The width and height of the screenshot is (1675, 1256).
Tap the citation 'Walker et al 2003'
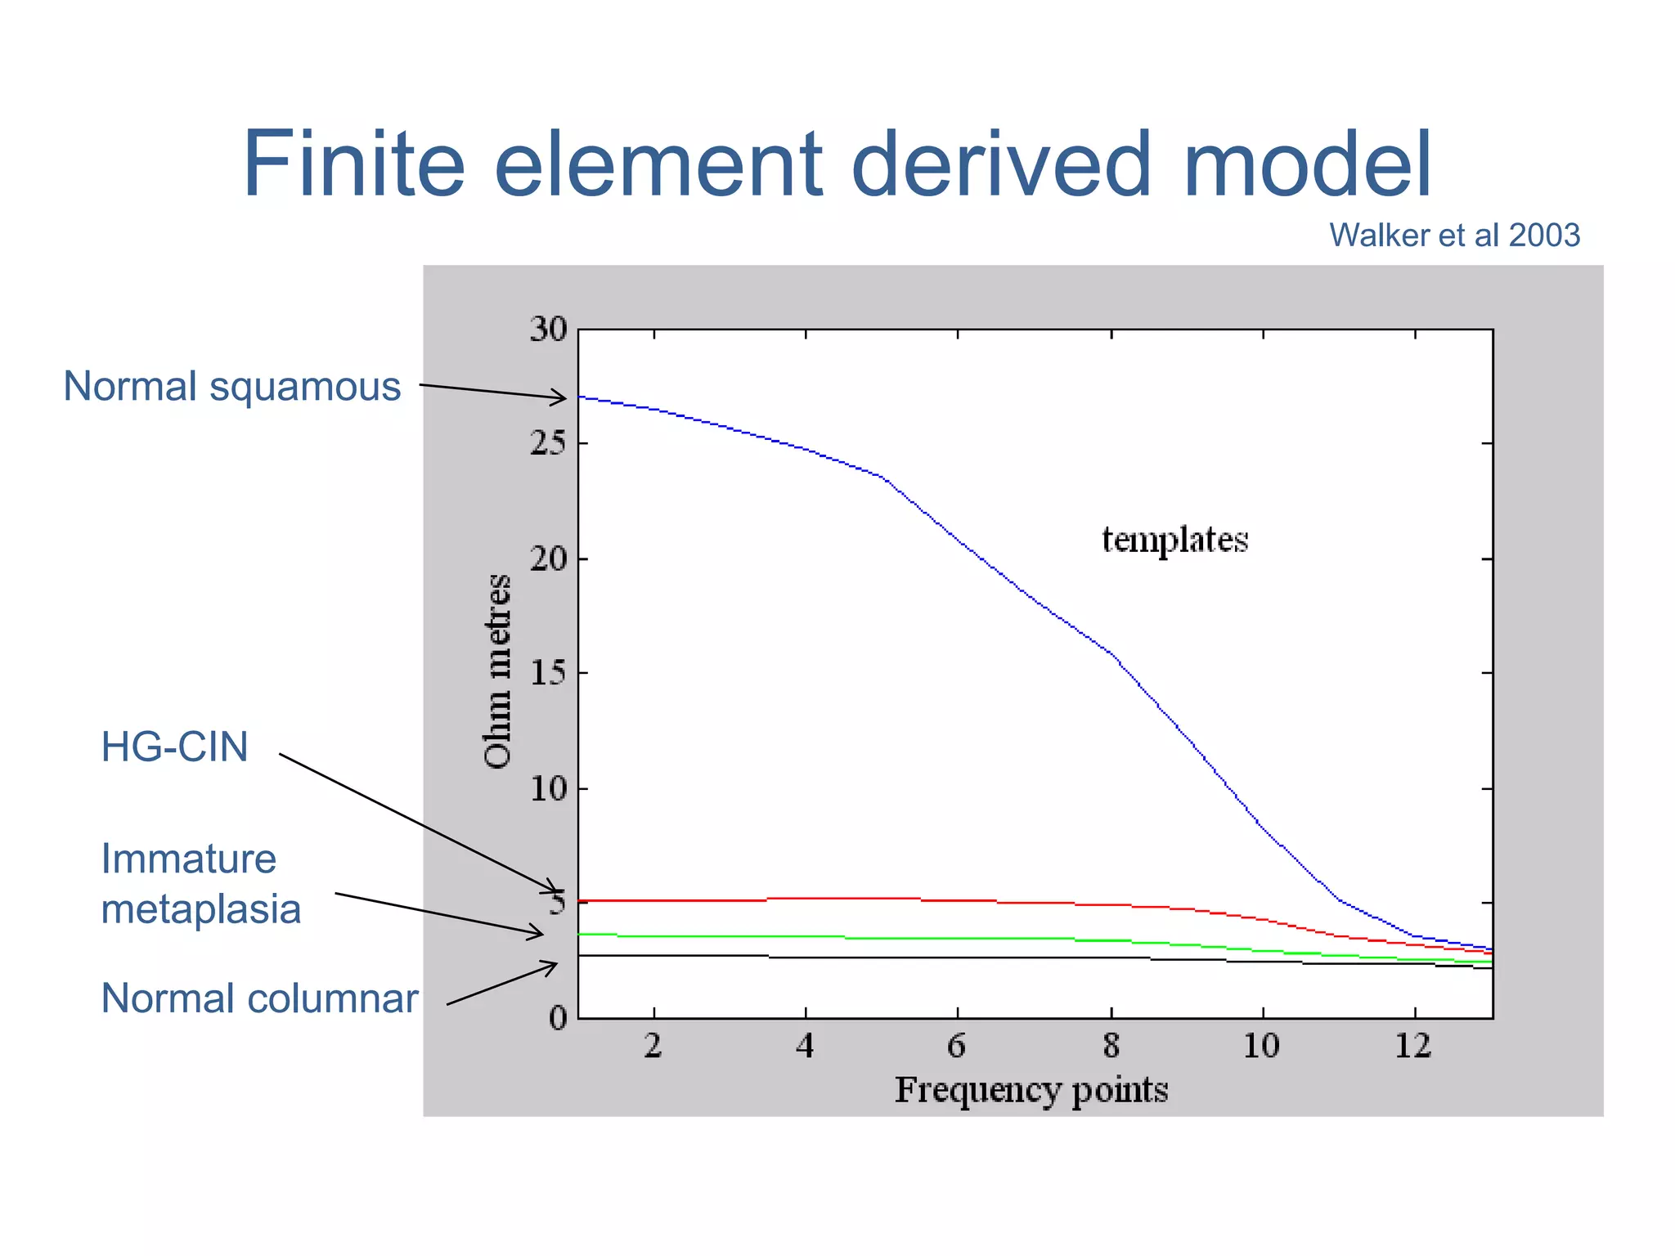(1453, 235)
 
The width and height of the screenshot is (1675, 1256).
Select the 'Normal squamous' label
(232, 386)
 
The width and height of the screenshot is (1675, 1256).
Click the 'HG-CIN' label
(174, 747)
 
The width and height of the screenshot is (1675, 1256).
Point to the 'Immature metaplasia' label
(200, 884)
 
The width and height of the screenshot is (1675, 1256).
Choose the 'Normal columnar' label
(259, 998)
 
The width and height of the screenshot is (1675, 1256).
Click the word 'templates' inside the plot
(1174, 541)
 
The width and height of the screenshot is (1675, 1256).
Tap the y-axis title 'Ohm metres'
(497, 671)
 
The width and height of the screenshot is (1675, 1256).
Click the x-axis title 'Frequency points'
(1031, 1090)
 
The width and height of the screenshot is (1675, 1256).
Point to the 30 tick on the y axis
(548, 330)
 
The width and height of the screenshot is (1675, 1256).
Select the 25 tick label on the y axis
(548, 443)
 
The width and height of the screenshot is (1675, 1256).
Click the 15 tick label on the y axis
(548, 673)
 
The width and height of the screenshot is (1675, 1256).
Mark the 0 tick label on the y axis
(558, 1019)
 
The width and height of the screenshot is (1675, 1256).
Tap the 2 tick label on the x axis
(653, 1046)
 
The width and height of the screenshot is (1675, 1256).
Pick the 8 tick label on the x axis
(1111, 1046)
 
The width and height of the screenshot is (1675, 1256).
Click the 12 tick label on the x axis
(1413, 1046)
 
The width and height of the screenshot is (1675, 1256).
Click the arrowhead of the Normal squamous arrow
(563, 399)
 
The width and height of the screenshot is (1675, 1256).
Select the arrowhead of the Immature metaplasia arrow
(539, 934)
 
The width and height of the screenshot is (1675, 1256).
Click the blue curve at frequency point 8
(1111, 653)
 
